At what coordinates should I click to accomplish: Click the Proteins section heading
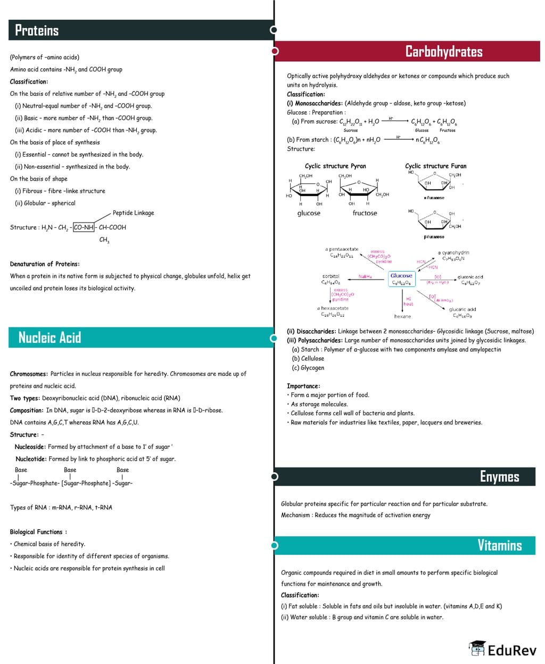pyautogui.click(x=37, y=30)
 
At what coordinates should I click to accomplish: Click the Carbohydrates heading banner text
pyautogui.click(x=443, y=52)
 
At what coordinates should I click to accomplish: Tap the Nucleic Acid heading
pyautogui.click(x=49, y=338)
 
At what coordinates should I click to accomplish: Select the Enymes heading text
pyautogui.click(x=499, y=477)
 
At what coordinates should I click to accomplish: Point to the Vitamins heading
pyautogui.click(x=499, y=545)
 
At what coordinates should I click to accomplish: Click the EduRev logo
pyautogui.click(x=503, y=650)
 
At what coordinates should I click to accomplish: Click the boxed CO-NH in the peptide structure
pyautogui.click(x=84, y=227)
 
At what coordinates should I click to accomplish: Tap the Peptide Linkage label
pyautogui.click(x=133, y=213)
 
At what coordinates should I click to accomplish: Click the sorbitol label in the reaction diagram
pyautogui.click(x=331, y=276)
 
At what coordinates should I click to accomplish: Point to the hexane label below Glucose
pyautogui.click(x=402, y=316)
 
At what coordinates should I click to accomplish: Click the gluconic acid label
pyautogui.click(x=470, y=277)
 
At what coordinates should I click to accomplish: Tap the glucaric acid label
pyautogui.click(x=463, y=309)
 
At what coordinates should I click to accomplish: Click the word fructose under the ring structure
pyautogui.click(x=365, y=213)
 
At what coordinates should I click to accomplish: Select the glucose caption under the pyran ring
pyautogui.click(x=309, y=213)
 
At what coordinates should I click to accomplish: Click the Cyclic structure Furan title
pyautogui.click(x=435, y=166)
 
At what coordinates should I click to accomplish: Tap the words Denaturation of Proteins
pyautogui.click(x=45, y=264)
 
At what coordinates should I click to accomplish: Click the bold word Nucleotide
pyautogui.click(x=31, y=459)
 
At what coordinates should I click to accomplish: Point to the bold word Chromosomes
pyautogui.click(x=29, y=374)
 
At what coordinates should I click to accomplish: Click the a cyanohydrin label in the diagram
pyautogui.click(x=453, y=252)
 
